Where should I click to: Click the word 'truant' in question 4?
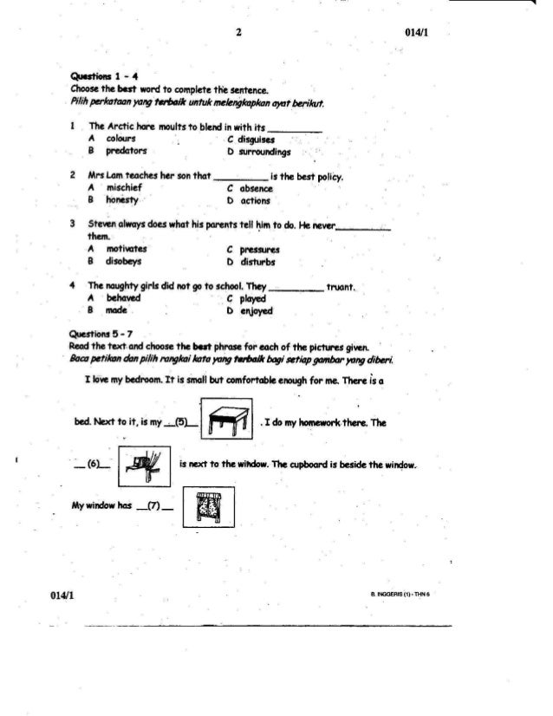coord(345,286)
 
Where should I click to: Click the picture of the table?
coord(225,422)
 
